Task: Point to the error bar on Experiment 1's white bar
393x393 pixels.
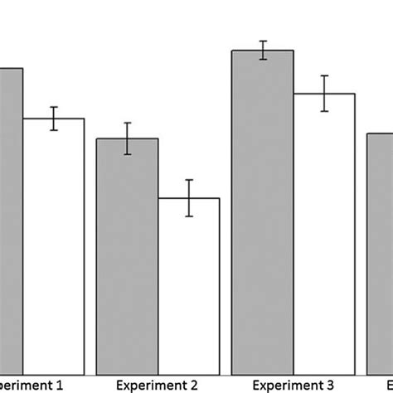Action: click(53, 119)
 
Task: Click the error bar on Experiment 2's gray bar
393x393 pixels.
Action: click(128, 138)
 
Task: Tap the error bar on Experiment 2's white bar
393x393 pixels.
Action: click(189, 198)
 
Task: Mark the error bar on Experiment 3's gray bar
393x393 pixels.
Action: click(262, 51)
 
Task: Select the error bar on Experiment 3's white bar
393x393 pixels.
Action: click(323, 94)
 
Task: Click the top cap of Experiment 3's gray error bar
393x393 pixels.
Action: click(262, 41)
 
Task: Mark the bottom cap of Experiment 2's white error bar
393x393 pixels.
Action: click(189, 216)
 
